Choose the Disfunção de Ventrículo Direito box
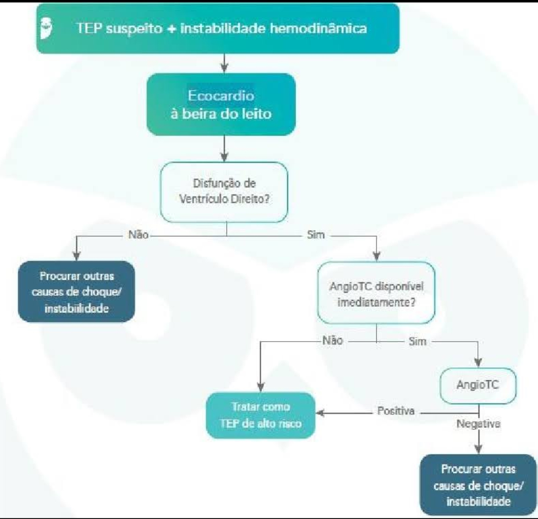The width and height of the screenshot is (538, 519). click(x=224, y=192)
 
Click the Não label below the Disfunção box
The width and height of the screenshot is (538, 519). click(x=138, y=235)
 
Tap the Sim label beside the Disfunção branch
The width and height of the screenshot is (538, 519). click(x=316, y=235)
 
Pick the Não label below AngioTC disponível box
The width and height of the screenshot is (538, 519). click(x=332, y=341)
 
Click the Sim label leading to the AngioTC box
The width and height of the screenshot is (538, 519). click(x=416, y=342)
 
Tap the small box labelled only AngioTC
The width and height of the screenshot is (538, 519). click(x=477, y=385)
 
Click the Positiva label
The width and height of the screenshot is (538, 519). click(x=396, y=411)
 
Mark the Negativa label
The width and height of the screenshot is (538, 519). click(x=478, y=424)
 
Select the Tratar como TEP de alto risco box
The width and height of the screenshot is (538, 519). click(x=261, y=415)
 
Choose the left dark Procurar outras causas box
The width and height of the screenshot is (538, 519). click(x=76, y=291)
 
